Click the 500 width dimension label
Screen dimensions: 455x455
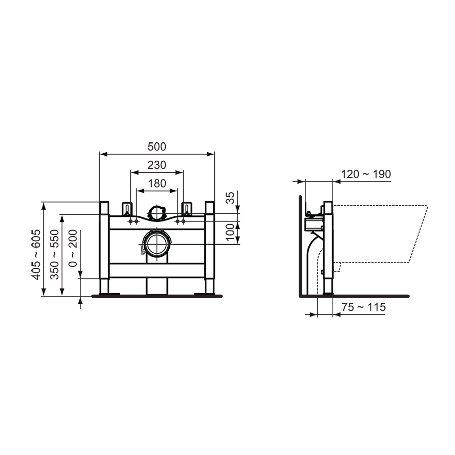tap(157, 147)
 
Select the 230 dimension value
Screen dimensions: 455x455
tap(157, 165)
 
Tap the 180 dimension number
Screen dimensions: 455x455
tap(157, 184)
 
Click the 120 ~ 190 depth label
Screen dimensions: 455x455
tap(366, 174)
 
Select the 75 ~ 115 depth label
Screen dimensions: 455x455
tap(363, 307)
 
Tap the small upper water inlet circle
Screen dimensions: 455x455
tap(157, 213)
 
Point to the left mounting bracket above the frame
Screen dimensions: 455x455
tap(127, 208)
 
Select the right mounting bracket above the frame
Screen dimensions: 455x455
tap(187, 208)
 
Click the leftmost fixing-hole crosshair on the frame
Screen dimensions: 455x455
tap(131, 222)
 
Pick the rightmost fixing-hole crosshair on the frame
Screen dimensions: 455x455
tap(183, 222)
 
